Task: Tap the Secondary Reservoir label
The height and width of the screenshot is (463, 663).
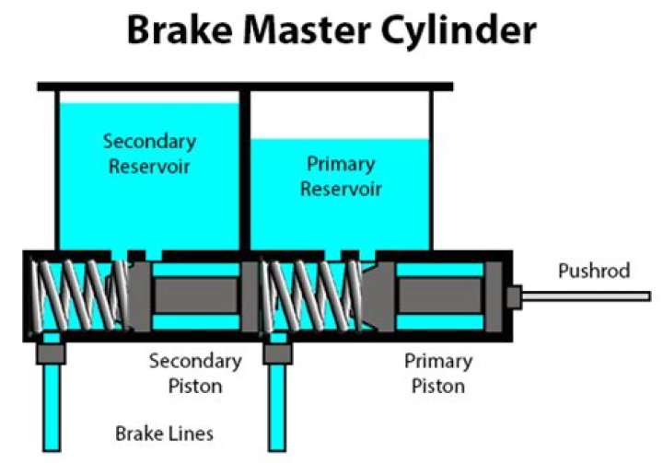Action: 149,154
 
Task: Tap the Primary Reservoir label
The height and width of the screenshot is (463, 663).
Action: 340,176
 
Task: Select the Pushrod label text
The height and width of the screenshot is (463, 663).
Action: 594,271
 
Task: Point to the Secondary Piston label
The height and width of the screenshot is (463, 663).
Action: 195,373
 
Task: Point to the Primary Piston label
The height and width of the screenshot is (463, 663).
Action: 438,373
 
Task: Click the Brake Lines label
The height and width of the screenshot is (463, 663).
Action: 165,433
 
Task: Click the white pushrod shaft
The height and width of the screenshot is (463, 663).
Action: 589,296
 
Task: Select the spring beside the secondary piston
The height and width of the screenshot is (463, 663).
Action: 78,295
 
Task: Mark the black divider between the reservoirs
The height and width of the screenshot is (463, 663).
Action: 245,170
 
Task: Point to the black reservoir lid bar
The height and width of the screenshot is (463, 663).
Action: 245,87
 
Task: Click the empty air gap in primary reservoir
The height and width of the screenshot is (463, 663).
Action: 340,116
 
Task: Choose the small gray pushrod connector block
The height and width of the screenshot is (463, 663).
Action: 514,296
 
